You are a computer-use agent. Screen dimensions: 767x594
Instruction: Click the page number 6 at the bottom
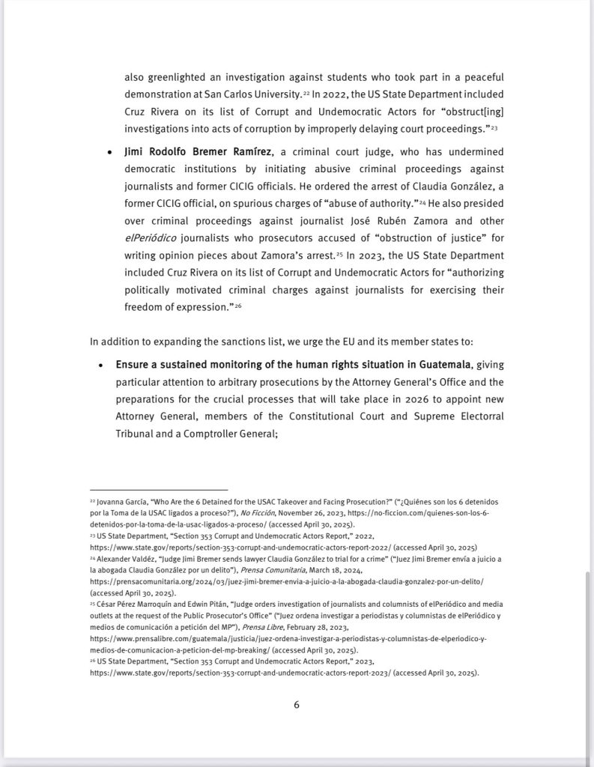[x=297, y=704]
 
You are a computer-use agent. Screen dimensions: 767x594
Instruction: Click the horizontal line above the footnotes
[x=158, y=488]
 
